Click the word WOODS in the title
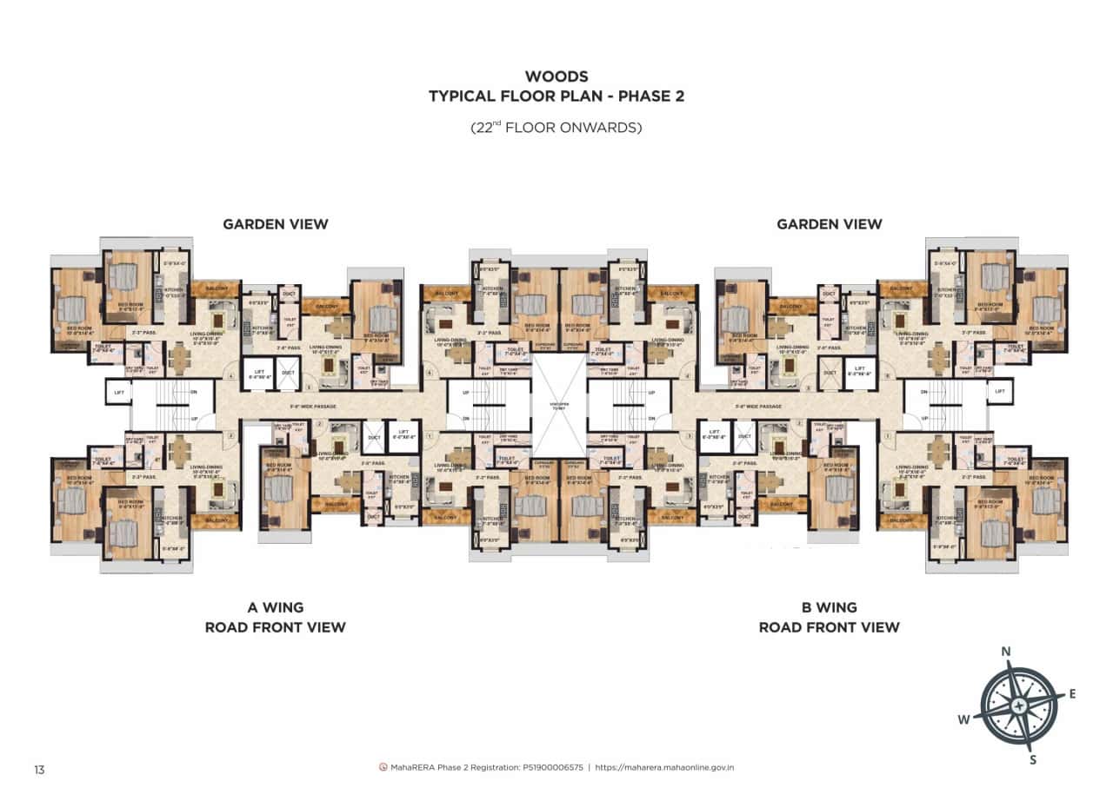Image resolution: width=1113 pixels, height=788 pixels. (556, 77)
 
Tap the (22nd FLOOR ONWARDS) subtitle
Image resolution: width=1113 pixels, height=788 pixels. (556, 127)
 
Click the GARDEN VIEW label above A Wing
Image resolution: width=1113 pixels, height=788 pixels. (276, 224)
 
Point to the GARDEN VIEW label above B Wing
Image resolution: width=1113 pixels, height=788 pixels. (829, 224)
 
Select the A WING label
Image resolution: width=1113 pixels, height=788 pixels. (275, 607)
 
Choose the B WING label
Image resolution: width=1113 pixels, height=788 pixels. (829, 607)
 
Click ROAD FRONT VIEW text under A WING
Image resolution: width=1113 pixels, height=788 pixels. (275, 627)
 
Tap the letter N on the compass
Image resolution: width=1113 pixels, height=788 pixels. (1006, 652)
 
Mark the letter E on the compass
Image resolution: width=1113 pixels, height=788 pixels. (1072, 693)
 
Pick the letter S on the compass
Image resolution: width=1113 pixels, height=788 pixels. (1033, 760)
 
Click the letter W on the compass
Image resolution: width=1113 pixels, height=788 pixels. (963, 718)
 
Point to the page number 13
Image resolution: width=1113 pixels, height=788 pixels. (39, 769)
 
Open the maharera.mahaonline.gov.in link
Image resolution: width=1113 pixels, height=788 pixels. (665, 768)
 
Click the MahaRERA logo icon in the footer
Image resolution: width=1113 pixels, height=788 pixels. (383, 768)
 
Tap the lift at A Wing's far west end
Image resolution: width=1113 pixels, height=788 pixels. (119, 393)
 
